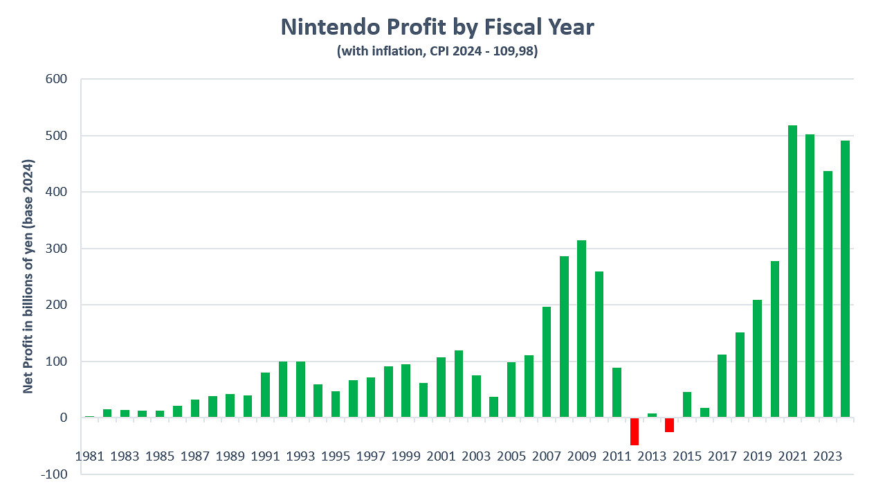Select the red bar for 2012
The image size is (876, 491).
635,431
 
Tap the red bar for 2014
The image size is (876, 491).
669,425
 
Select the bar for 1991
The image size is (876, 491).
266,395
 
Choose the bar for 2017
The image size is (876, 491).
722,386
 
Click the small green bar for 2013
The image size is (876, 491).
652,416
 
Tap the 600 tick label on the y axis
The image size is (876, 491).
57,79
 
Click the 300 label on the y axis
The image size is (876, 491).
57,249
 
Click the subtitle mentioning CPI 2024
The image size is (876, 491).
437,51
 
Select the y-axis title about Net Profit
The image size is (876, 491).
28,276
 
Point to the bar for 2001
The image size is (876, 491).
441,387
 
